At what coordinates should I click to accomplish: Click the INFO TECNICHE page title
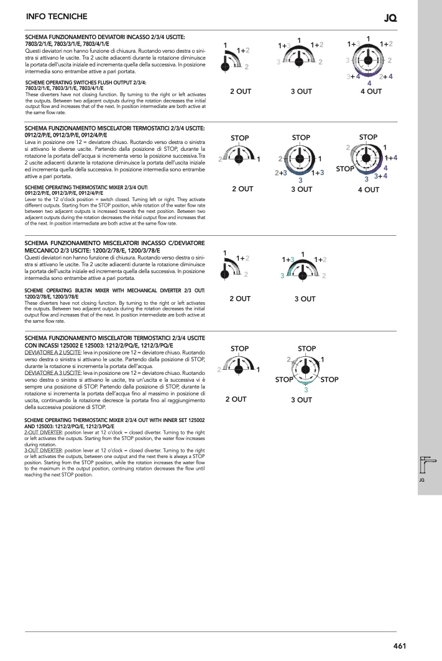(57, 16)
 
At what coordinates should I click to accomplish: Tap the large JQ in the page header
(390, 18)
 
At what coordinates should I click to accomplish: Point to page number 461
(400, 646)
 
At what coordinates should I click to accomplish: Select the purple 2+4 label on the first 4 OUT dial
(386, 76)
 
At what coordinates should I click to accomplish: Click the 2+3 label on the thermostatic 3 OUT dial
(281, 173)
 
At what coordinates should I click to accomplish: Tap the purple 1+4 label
(391, 158)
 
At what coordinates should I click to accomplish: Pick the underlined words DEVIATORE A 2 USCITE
(53, 353)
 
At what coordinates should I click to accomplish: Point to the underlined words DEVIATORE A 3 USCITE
(53, 373)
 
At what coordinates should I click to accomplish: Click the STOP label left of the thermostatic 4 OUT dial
(345, 169)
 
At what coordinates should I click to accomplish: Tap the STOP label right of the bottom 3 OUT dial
(329, 379)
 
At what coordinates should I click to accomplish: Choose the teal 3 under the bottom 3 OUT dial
(306, 390)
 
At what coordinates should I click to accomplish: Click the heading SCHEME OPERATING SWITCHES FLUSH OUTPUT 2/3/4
(86, 83)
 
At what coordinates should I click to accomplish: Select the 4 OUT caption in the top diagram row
(371, 91)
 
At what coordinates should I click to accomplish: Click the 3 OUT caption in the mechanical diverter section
(305, 299)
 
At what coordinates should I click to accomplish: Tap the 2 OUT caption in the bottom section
(236, 399)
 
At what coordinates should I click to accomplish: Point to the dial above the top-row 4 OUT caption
(368, 60)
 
